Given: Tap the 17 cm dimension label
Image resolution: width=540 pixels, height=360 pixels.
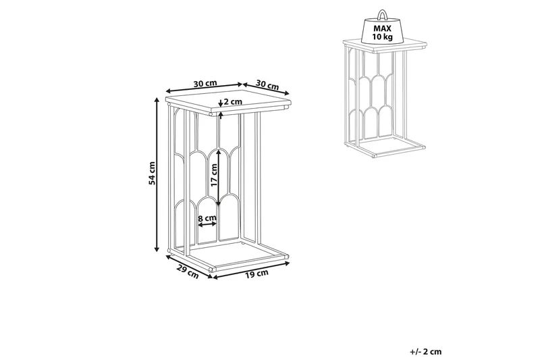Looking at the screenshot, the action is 214,175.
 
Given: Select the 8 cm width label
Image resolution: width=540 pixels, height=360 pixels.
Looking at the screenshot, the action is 207,218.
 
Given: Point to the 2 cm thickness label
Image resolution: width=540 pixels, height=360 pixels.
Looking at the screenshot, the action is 233,101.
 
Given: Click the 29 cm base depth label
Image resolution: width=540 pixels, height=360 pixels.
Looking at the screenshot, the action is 188,271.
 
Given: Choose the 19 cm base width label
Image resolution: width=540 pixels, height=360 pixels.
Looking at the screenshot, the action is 256,274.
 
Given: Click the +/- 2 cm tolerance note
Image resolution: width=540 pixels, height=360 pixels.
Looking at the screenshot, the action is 426,352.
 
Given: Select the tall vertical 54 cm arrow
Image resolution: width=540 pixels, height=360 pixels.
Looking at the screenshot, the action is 157,175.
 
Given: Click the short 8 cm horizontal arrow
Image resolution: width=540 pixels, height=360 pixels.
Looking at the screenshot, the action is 207,225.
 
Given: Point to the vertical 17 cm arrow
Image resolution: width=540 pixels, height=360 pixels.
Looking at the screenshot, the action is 218,178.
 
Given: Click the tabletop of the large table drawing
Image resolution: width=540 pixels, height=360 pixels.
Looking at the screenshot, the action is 229,101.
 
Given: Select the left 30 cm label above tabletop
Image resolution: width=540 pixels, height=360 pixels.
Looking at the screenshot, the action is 205,83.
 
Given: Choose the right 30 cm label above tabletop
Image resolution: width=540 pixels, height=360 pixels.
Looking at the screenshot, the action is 267,84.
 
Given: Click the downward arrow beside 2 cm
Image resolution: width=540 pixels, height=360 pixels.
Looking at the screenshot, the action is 221,103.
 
